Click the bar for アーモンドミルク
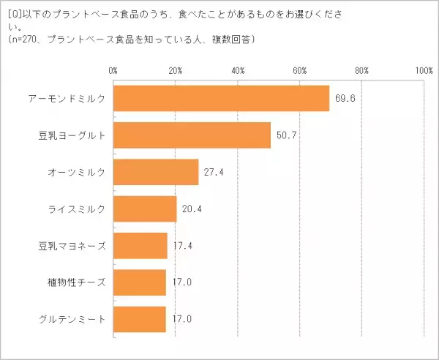coord(221,99)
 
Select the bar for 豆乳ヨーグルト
coord(192,135)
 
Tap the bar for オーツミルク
coord(156,172)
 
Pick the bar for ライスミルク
coord(145,209)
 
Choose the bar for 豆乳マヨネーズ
coord(140,245)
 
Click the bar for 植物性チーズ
coord(140,282)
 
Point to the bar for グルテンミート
coord(140,318)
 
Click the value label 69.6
coord(344,99)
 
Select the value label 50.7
coord(285,135)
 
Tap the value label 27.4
coord(214,172)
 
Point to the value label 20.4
coord(192,209)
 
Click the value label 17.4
coord(182,245)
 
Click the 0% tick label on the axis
coord(113,71)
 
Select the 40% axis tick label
coord(238,71)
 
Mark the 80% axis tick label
coord(362,71)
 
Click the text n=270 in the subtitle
coord(24,38)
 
